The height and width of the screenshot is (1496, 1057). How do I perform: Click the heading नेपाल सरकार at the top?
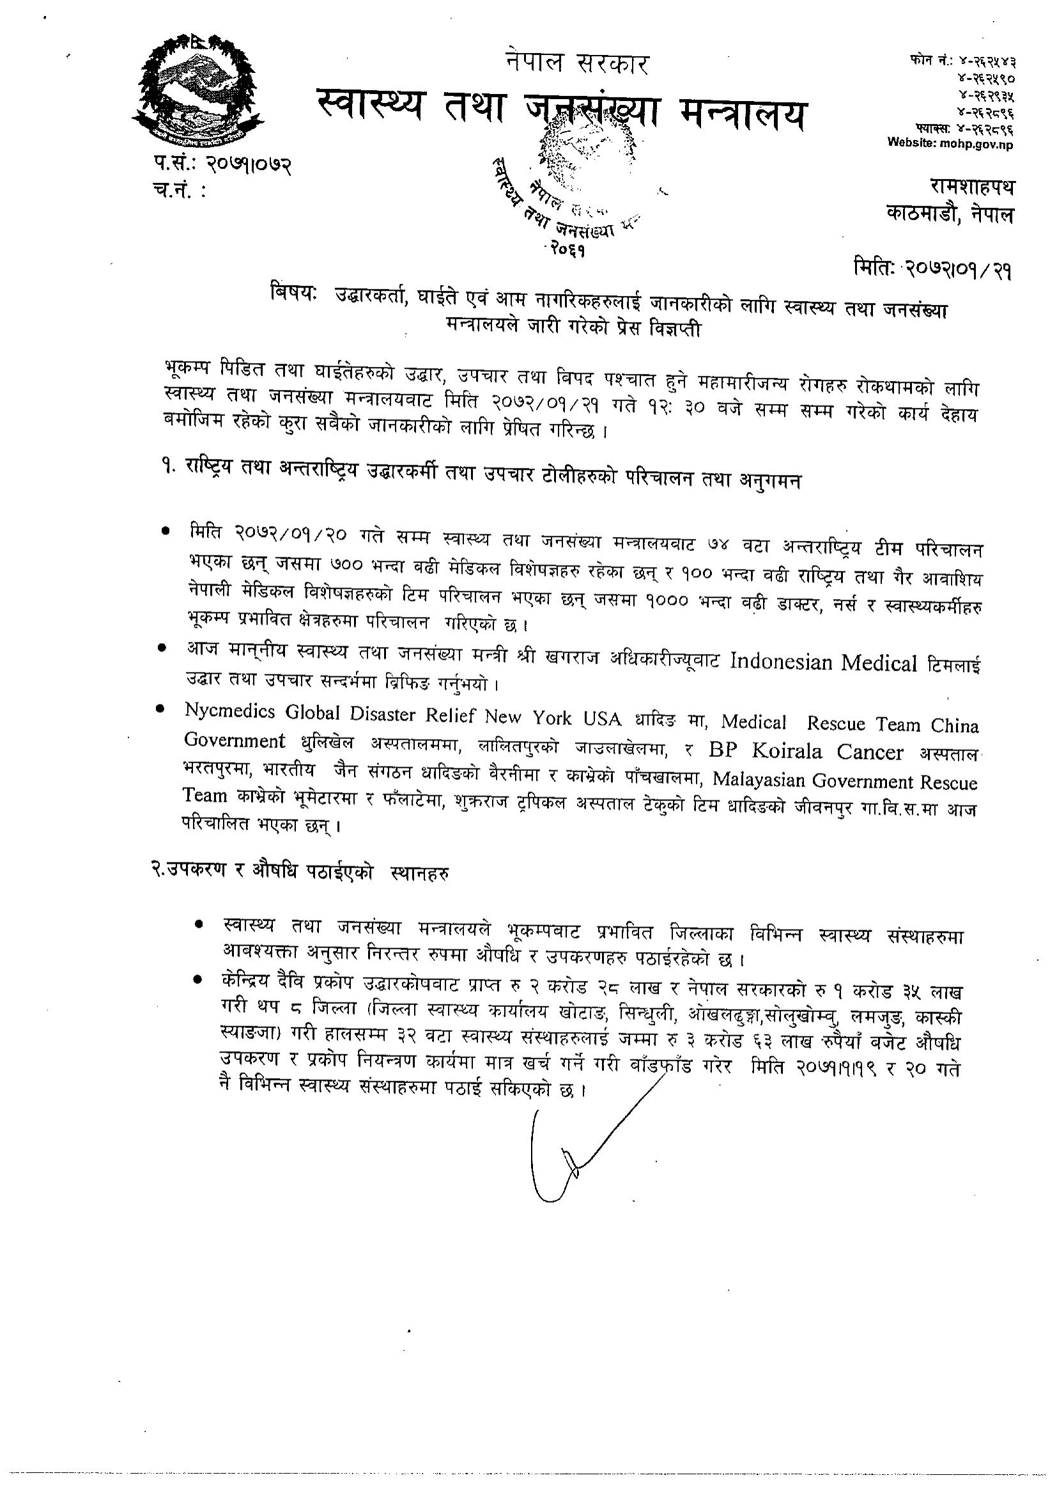click(x=576, y=64)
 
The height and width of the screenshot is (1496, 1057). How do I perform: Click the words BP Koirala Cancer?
click(x=806, y=752)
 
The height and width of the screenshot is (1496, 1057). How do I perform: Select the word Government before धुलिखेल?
click(x=235, y=740)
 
